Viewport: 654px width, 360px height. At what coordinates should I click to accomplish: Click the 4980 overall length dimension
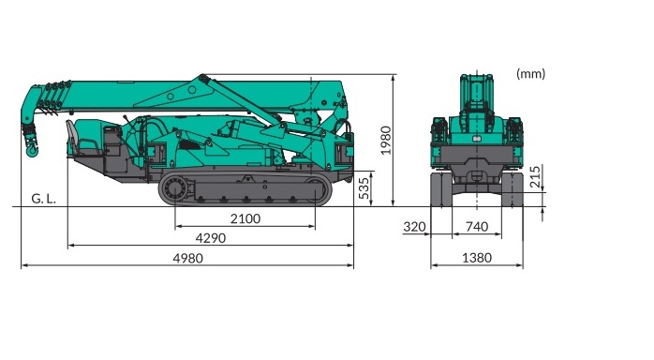pyautogui.click(x=187, y=258)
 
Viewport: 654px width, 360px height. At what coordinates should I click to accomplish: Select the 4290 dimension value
pyautogui.click(x=211, y=238)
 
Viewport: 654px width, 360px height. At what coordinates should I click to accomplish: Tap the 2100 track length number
pyautogui.click(x=245, y=218)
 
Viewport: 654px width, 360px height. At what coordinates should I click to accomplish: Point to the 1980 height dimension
pyautogui.click(x=386, y=141)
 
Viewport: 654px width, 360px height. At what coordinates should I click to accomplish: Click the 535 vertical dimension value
pyautogui.click(x=364, y=188)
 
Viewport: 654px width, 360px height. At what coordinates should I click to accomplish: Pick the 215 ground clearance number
pyautogui.click(x=535, y=176)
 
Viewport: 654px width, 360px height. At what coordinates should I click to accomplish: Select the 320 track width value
pyautogui.click(x=414, y=227)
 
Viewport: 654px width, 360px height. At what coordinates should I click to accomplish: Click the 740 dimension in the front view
pyautogui.click(x=477, y=227)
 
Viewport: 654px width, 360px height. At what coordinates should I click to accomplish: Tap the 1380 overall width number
pyautogui.click(x=477, y=258)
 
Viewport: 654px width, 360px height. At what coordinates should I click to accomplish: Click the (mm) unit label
pyautogui.click(x=530, y=74)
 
